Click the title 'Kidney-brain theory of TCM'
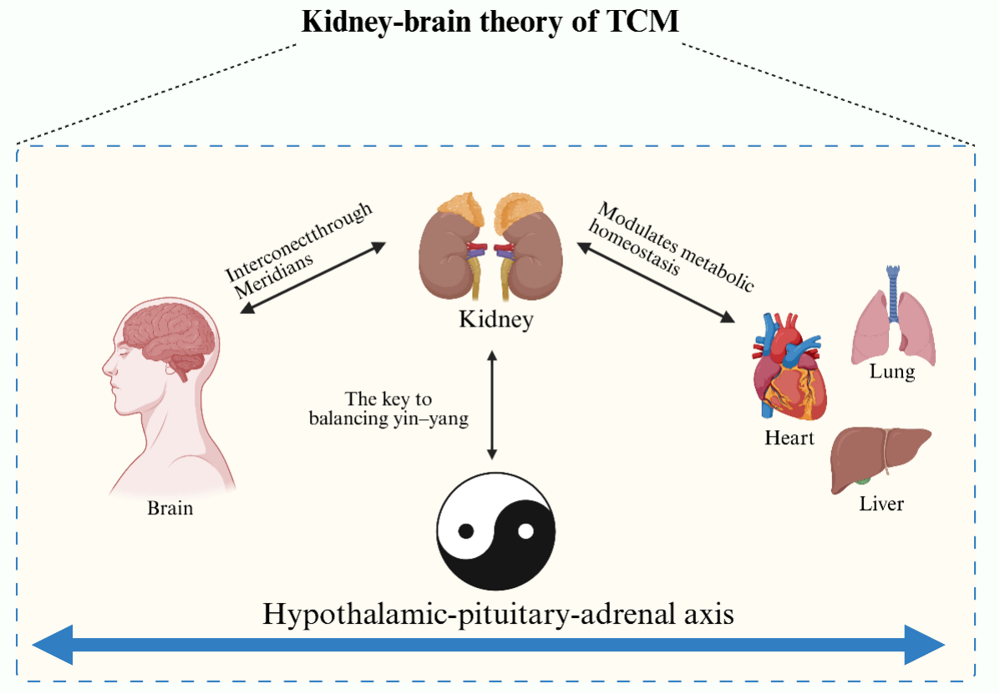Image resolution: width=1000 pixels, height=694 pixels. click(490, 23)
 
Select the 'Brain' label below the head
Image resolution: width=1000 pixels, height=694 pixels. click(170, 507)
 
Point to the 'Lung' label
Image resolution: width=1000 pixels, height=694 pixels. click(891, 372)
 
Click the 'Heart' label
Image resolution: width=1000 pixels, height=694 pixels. click(789, 437)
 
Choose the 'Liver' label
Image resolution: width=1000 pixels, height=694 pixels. click(881, 504)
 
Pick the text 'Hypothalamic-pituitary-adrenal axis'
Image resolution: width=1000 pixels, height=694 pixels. click(498, 615)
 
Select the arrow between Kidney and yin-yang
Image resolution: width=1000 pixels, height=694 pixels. click(492, 405)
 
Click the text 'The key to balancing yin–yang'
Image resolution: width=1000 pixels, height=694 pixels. click(388, 409)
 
